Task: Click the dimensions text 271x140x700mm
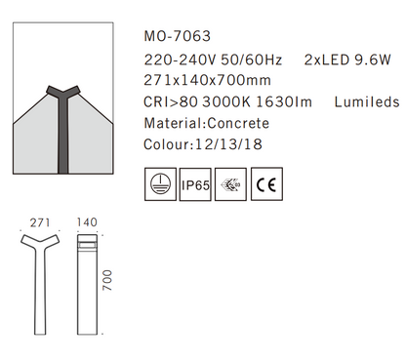click(207, 80)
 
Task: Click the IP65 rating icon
click(195, 183)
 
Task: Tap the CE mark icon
click(264, 183)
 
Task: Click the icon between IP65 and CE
click(230, 183)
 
